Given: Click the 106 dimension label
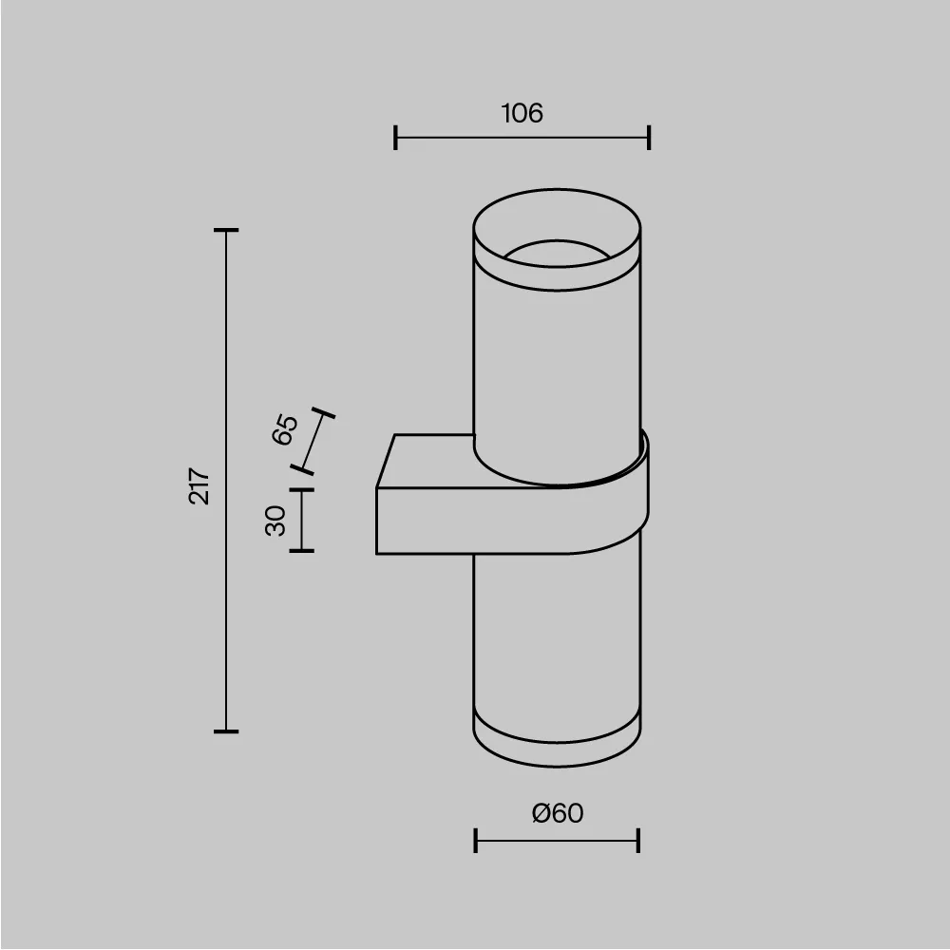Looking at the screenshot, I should (522, 114).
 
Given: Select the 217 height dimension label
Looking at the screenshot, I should (199, 485).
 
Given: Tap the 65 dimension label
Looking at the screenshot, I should (285, 429).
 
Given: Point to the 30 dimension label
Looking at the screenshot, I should (275, 521).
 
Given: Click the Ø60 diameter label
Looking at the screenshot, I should (558, 813).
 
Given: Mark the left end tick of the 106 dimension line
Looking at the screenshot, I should (395, 138).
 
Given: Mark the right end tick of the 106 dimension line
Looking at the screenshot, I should (649, 138).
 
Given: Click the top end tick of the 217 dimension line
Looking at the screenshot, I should (226, 230).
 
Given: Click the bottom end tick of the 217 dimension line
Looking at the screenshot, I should (226, 731).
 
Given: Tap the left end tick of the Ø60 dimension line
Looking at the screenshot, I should (475, 840).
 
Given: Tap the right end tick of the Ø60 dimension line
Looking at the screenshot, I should (638, 840).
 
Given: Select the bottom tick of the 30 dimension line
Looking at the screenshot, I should (302, 550).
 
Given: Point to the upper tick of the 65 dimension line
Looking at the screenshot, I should (324, 414).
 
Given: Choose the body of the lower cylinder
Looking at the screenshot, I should (558, 636).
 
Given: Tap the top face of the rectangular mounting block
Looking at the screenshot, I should (427, 462).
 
